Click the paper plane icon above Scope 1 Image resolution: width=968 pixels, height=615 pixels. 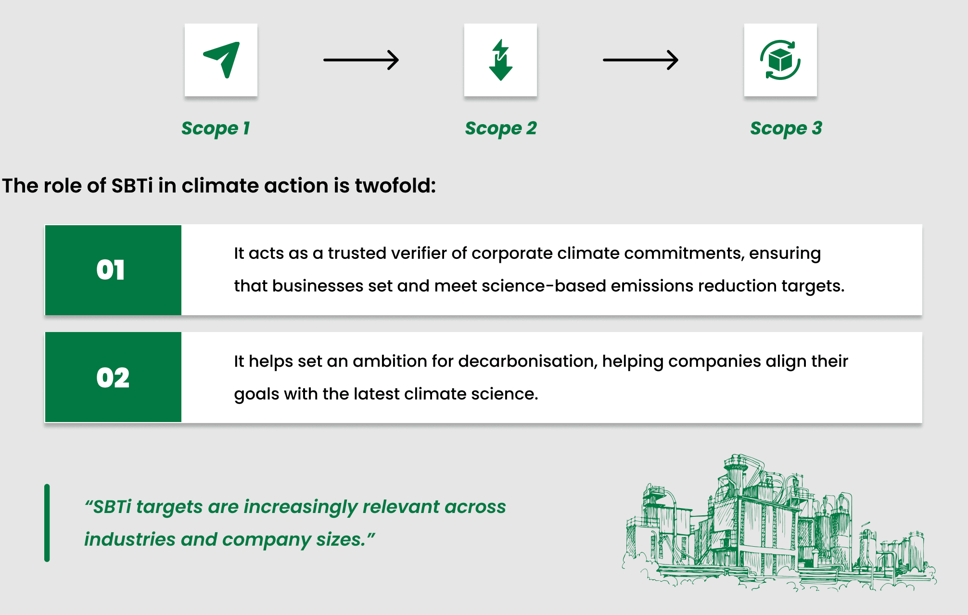pos(222,59)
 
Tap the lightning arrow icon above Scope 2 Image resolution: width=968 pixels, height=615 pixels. pos(500,60)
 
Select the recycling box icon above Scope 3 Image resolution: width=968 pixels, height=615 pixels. pos(780,60)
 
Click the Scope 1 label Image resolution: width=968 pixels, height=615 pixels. pos(216,128)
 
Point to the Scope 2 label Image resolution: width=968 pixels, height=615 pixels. pos(500,128)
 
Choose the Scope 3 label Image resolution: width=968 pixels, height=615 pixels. pos(786,128)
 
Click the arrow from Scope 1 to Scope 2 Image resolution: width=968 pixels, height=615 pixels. pos(361,60)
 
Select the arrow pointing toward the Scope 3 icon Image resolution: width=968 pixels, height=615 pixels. pos(641,60)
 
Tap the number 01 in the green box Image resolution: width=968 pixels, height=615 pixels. pos(111,269)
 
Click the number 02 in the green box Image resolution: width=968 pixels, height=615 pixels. pos(113,377)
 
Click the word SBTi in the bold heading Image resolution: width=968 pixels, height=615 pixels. pos(132,186)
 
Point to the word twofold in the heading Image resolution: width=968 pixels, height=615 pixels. pos(395,186)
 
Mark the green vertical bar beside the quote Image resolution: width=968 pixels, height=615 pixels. pos(47,523)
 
